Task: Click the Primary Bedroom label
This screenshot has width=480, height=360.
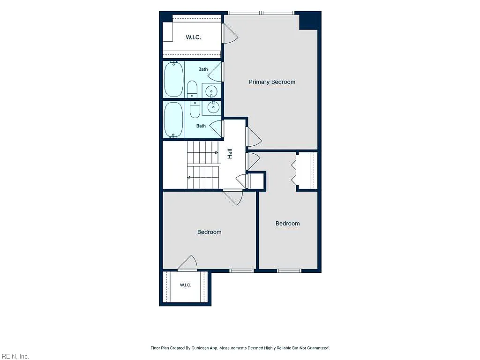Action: pyautogui.click(x=272, y=82)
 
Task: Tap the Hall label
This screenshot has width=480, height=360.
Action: pyautogui.click(x=230, y=153)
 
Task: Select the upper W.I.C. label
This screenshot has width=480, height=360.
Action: pyautogui.click(x=193, y=37)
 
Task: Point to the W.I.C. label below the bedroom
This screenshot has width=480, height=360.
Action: pyautogui.click(x=186, y=285)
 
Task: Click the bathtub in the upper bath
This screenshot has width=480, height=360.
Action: pyautogui.click(x=174, y=79)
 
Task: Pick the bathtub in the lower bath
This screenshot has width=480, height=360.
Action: pyautogui.click(x=173, y=120)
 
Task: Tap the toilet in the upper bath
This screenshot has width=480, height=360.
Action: pyautogui.click(x=192, y=89)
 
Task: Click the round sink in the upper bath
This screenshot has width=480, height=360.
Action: pyautogui.click(x=211, y=91)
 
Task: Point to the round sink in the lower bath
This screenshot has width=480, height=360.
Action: pyautogui.click(x=213, y=107)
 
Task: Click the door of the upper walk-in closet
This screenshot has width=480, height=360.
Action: pyautogui.click(x=230, y=34)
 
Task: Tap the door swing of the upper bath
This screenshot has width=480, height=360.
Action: pyautogui.click(x=215, y=72)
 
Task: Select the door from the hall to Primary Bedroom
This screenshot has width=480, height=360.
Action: pyautogui.click(x=254, y=137)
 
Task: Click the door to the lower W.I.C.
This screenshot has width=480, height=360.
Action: pyautogui.click(x=187, y=263)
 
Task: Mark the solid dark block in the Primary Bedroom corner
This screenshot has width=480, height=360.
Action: pyautogui.click(x=309, y=21)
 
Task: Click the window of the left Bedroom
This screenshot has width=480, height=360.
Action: pyautogui.click(x=242, y=270)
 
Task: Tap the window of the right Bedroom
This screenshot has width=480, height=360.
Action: pyautogui.click(x=289, y=270)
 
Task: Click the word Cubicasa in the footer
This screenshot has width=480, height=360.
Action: pyautogui.click(x=200, y=348)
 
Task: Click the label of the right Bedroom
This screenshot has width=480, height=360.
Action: pyautogui.click(x=287, y=224)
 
